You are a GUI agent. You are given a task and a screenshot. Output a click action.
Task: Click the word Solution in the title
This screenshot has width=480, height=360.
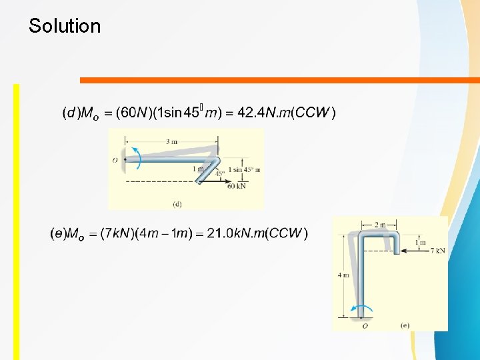(x=65, y=27)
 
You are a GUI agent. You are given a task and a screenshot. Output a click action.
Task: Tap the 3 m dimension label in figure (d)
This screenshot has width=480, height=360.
(x=172, y=141)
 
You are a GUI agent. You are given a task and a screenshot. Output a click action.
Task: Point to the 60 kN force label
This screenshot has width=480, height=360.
(x=237, y=186)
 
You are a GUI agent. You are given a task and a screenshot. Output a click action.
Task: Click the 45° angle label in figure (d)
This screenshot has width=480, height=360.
(x=219, y=174)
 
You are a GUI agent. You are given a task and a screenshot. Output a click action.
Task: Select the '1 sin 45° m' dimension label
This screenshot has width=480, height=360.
(x=244, y=169)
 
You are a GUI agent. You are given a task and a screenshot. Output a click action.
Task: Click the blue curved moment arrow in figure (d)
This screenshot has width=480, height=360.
(x=135, y=158)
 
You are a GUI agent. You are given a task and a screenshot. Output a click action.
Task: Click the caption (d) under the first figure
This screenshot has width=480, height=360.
(x=177, y=203)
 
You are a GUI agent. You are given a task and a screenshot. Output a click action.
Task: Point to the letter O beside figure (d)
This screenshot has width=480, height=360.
(x=115, y=160)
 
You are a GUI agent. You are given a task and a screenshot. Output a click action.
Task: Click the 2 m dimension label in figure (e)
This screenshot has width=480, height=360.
(x=379, y=225)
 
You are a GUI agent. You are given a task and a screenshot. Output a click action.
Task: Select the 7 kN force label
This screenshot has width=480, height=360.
(x=438, y=251)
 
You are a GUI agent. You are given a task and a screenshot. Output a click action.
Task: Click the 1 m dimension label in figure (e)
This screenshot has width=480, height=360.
(x=423, y=243)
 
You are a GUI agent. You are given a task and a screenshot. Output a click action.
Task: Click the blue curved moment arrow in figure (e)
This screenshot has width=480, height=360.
(x=363, y=309)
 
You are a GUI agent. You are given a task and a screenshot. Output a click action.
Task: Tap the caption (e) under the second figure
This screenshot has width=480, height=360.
(x=405, y=325)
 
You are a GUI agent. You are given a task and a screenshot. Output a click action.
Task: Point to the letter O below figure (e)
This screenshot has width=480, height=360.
(x=364, y=326)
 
